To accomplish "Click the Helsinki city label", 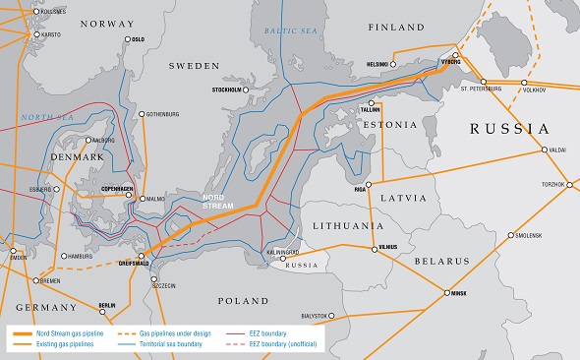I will (377, 64).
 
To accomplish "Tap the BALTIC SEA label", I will (293, 31).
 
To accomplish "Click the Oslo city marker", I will (128, 39).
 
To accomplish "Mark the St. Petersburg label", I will (481, 89).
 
